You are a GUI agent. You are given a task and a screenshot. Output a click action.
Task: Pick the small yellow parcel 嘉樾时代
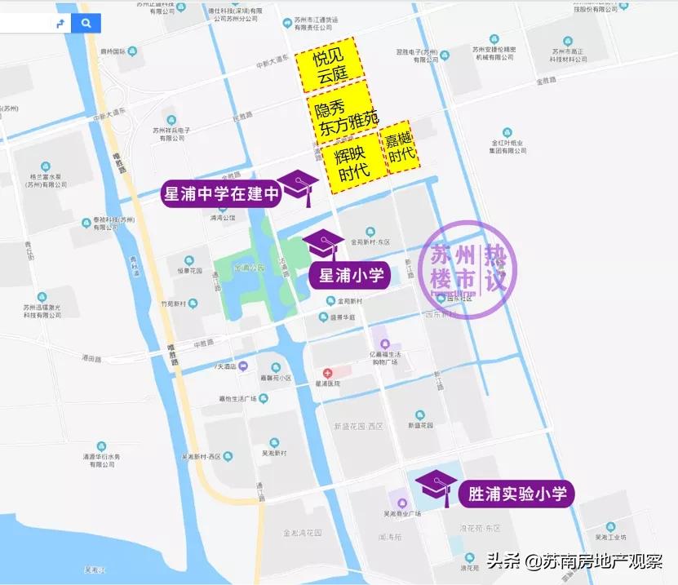pos(401,148)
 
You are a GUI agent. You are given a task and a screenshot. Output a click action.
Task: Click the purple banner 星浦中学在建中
pos(223,194)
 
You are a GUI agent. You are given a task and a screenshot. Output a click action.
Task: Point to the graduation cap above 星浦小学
pos(324,242)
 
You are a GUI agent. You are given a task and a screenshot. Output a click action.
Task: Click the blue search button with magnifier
pos(86,24)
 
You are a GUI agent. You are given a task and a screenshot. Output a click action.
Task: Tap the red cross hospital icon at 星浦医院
pos(328,372)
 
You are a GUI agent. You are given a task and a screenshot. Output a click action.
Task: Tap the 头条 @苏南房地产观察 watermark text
pos(575,561)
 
